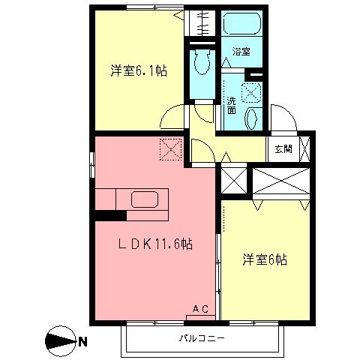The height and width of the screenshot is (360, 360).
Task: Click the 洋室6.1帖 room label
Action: pos(139,72)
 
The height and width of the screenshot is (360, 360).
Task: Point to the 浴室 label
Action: pos(241,52)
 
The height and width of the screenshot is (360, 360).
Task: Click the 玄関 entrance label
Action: pos(283,148)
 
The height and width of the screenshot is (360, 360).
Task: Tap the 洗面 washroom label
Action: pos(232,105)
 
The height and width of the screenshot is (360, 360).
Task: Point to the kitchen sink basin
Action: pos(144,199)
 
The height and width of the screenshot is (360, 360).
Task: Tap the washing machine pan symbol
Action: pos(251,91)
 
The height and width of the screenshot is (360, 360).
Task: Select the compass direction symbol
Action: pos(60,343)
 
